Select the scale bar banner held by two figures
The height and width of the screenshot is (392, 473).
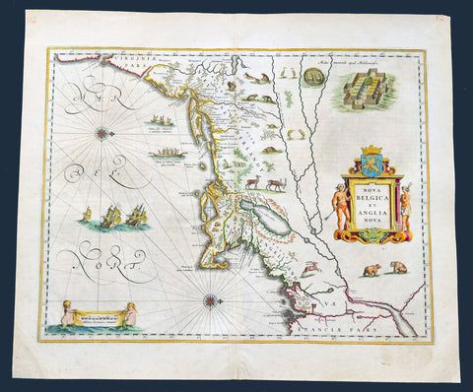coord(97,316)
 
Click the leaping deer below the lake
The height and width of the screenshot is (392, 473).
coord(311,266)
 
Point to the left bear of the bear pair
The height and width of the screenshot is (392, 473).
coord(372,268)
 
